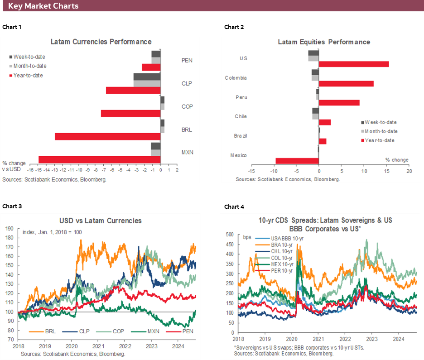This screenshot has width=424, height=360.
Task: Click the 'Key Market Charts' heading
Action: (x=43, y=6)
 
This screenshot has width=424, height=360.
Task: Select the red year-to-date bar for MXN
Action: (x=99, y=159)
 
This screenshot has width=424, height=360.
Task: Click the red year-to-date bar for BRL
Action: (x=108, y=136)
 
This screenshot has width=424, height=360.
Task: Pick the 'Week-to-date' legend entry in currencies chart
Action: (x=29, y=57)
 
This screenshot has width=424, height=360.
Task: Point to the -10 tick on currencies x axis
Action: (x=79, y=171)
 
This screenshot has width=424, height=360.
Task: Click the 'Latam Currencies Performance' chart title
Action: (x=101, y=42)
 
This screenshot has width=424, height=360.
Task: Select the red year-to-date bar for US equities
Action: (x=354, y=64)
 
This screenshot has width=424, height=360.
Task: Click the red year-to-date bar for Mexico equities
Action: (x=297, y=161)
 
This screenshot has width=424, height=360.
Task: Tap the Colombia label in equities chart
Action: (x=236, y=78)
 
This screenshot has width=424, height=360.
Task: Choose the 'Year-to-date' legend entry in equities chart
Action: (x=380, y=140)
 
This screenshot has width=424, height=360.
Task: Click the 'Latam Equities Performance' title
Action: (x=324, y=42)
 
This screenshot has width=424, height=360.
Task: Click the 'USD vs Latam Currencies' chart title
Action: (x=101, y=221)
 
